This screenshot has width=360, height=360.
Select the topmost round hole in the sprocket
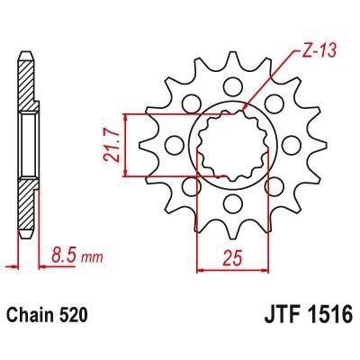tap(233, 88)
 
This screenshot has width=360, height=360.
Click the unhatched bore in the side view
tap(28, 144)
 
